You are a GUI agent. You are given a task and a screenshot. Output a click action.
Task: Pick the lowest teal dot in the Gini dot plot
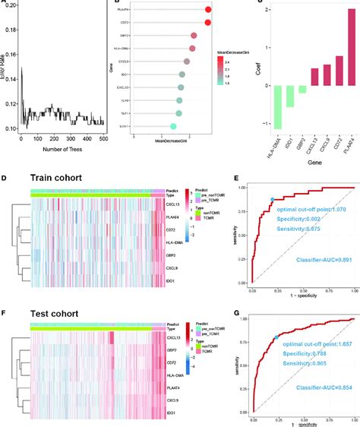[x=173, y=126]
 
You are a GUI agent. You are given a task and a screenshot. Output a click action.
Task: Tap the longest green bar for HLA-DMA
[x=279, y=106]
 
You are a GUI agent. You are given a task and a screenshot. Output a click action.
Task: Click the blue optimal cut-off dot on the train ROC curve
[x=271, y=200]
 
